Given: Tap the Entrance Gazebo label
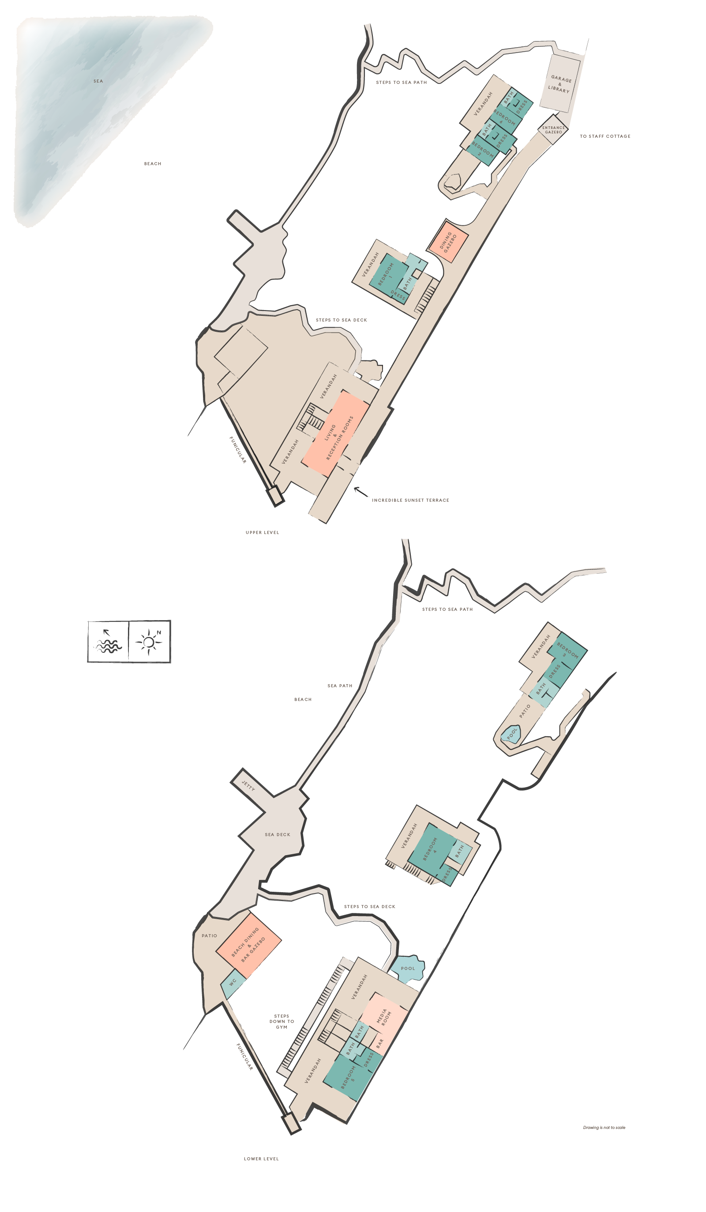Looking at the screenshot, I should [x=553, y=130].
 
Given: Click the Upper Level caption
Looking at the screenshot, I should [x=262, y=532].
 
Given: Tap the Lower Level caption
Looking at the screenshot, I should [x=261, y=1159].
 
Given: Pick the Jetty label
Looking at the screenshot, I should [x=248, y=786].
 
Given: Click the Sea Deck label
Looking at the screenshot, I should [x=277, y=834].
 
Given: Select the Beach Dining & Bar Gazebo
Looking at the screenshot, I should [x=248, y=945].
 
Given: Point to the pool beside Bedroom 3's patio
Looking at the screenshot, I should [x=511, y=735].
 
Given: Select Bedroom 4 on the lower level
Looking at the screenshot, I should [x=431, y=849].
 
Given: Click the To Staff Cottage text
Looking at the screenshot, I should [x=605, y=136].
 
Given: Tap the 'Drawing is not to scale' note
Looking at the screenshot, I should [x=604, y=1127].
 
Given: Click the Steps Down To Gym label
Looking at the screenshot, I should [x=282, y=1022].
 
